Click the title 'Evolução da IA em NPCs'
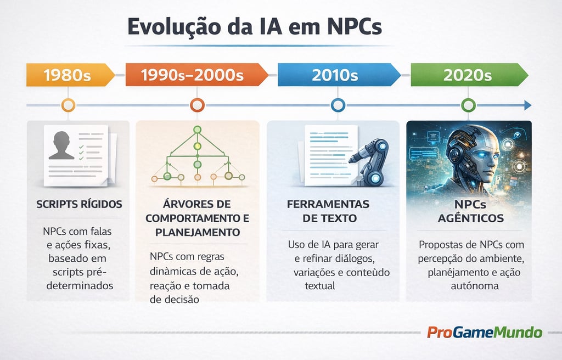pyautogui.click(x=254, y=27)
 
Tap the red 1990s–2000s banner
pyautogui.click(x=193, y=75)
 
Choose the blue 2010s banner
pyautogui.click(x=335, y=75)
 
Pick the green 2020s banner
pyautogui.click(x=467, y=75)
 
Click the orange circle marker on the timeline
pyautogui.click(x=68, y=105)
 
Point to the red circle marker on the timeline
pyautogui.click(x=196, y=105)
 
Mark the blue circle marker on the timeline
pyautogui.click(x=338, y=105)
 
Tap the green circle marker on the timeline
pyautogui.click(x=468, y=105)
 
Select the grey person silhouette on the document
pyautogui.click(x=61, y=145)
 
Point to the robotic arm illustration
pyautogui.click(x=373, y=159)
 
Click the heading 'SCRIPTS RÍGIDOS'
pyautogui.click(x=79, y=204)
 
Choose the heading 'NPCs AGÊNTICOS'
pyautogui.click(x=471, y=211)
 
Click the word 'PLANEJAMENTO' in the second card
pyautogui.click(x=198, y=232)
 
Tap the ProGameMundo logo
pyautogui.click(x=484, y=333)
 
